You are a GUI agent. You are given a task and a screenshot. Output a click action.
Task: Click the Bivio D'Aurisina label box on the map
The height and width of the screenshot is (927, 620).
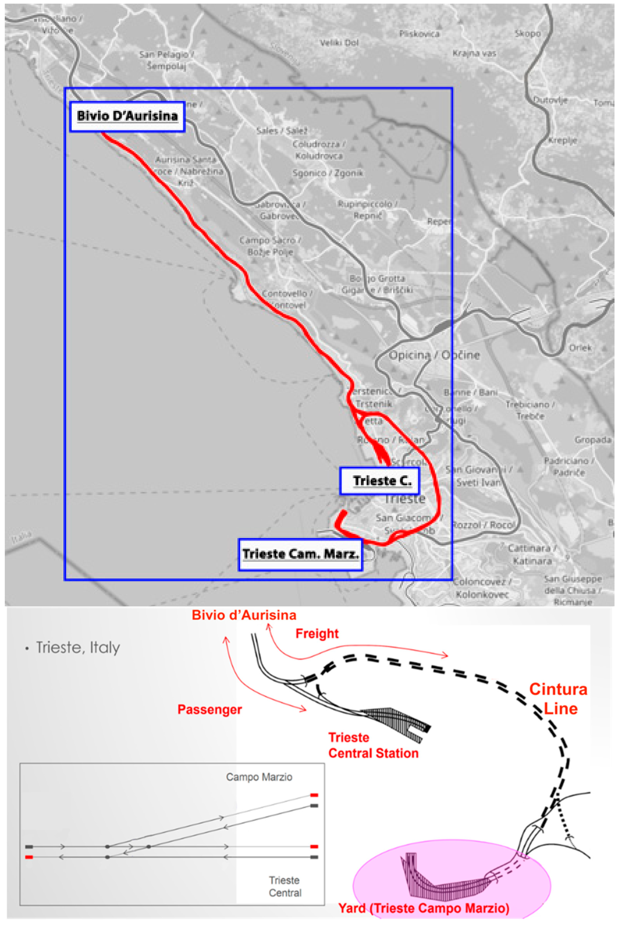tap(127, 116)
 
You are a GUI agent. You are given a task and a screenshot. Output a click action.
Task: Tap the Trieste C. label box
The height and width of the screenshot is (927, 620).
tap(380, 481)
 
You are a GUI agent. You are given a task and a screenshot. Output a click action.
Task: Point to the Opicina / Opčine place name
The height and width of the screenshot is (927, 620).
tap(434, 355)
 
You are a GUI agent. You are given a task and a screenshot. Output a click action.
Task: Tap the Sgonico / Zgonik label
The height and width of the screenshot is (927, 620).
tap(327, 173)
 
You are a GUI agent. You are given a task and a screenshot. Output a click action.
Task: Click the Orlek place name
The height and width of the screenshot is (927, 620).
tap(580, 348)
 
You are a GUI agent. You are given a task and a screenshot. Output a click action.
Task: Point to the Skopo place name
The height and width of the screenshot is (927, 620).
tap(528, 34)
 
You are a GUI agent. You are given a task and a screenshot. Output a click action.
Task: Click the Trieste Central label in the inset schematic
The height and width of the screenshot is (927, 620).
tap(285, 886)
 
